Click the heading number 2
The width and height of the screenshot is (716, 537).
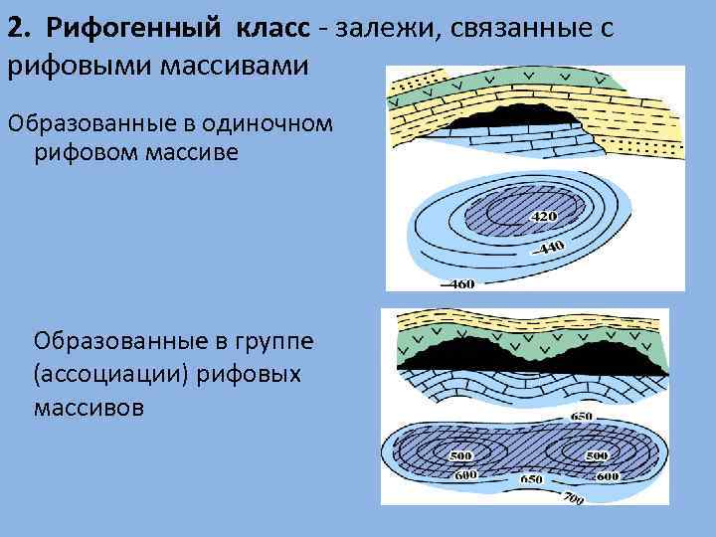coord(17,29)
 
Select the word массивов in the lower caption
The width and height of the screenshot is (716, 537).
coord(89,408)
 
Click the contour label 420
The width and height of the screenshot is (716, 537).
coord(545,216)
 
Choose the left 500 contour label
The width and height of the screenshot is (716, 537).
coord(460,455)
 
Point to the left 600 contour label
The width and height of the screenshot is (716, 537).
coord(466,474)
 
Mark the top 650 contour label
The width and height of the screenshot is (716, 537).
coord(581,416)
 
